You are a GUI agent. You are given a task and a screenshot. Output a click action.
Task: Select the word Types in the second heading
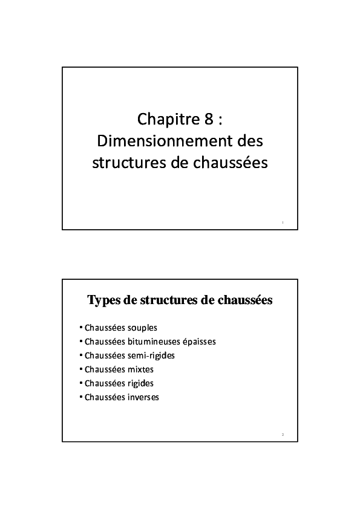[103, 300]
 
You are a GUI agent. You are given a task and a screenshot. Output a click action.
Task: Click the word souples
[143, 328]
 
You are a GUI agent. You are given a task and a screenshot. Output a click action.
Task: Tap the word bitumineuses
[159, 342]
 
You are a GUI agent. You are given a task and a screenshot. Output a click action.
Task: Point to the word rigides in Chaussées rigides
[141, 383]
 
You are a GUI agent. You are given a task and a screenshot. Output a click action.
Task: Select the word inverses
[143, 397]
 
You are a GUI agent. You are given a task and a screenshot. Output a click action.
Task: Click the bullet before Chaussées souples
[81, 328]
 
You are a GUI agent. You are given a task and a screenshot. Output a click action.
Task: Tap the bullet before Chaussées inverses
[81, 397]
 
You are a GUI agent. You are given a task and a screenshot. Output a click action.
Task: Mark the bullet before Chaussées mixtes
[81, 369]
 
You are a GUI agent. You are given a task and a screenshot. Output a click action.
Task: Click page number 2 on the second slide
[283, 435]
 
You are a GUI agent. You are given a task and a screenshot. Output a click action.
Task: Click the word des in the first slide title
[252, 141]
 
